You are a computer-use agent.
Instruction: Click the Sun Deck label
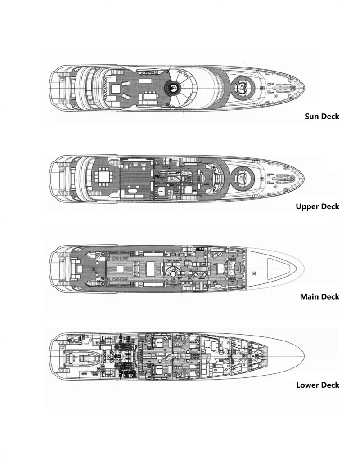coord(322,116)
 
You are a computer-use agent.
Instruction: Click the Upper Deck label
coord(318,206)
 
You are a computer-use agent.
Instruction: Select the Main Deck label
coord(319,296)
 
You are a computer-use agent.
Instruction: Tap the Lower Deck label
coord(318,385)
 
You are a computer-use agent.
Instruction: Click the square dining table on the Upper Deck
coord(104,175)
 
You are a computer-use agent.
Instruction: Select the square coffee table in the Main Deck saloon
coord(121,269)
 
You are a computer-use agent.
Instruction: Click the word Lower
coord(308,385)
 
